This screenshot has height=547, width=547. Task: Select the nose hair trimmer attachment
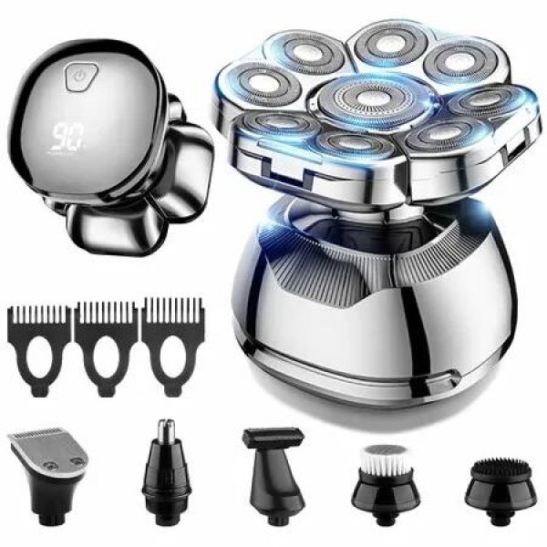coord(165,465)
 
